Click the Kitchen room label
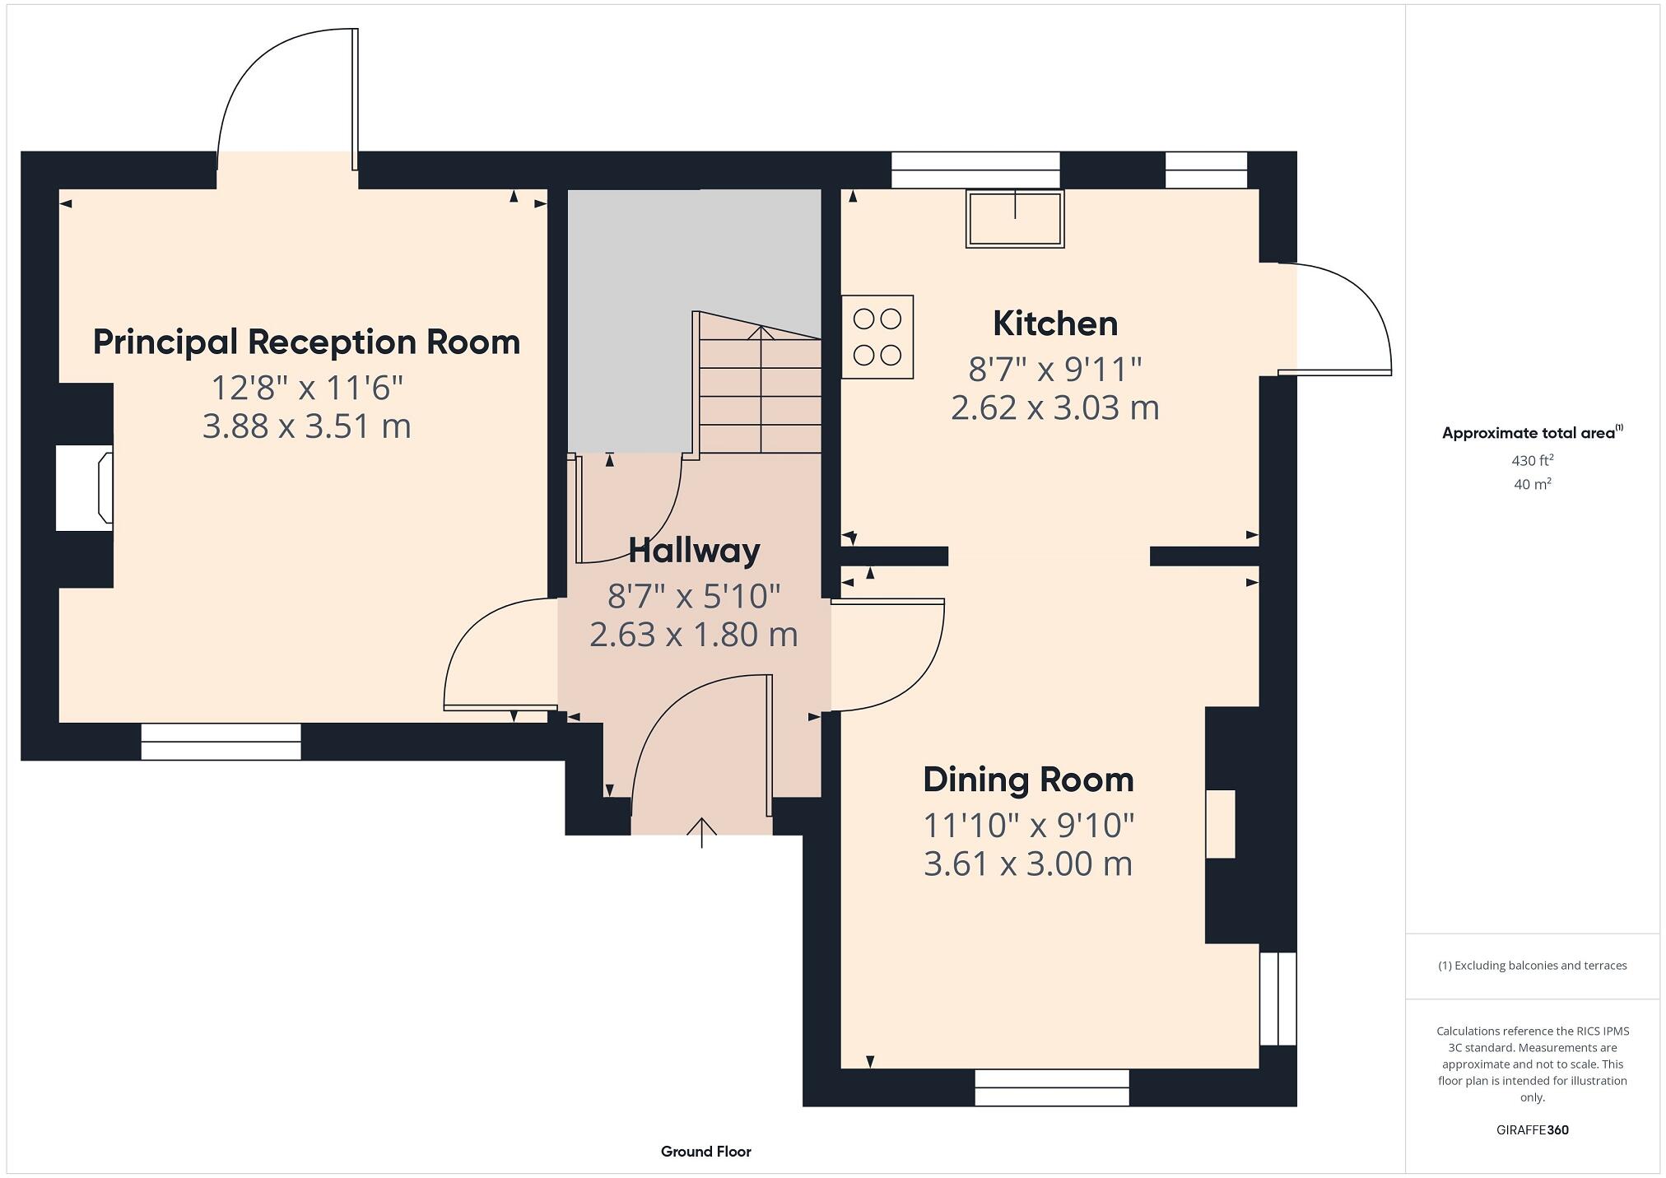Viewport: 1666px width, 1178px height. coord(1054,324)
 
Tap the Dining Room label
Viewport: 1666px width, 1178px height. coord(1028,780)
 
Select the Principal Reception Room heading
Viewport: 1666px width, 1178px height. coord(306,342)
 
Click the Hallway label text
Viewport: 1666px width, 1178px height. coord(694,551)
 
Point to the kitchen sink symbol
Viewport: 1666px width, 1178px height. coord(1014,219)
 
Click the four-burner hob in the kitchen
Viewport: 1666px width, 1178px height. coord(877,337)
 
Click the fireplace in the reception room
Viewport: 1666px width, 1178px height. coord(84,487)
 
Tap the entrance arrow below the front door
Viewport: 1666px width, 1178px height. coord(701,832)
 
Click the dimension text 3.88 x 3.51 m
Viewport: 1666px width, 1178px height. coord(306,426)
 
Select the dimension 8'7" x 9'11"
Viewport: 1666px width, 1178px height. coord(1054,370)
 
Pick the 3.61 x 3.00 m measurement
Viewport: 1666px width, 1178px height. coord(1028,864)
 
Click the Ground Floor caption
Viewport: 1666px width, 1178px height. coord(705,1152)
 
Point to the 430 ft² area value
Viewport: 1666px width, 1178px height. coord(1532,460)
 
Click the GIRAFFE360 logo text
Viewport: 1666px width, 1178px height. coord(1532,1129)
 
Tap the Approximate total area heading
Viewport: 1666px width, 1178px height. coord(1532,433)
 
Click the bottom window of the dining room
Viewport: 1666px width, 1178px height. coord(1051,1087)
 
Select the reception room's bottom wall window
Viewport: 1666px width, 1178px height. coord(221,741)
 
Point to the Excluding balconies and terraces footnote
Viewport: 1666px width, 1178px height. coord(1532,966)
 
